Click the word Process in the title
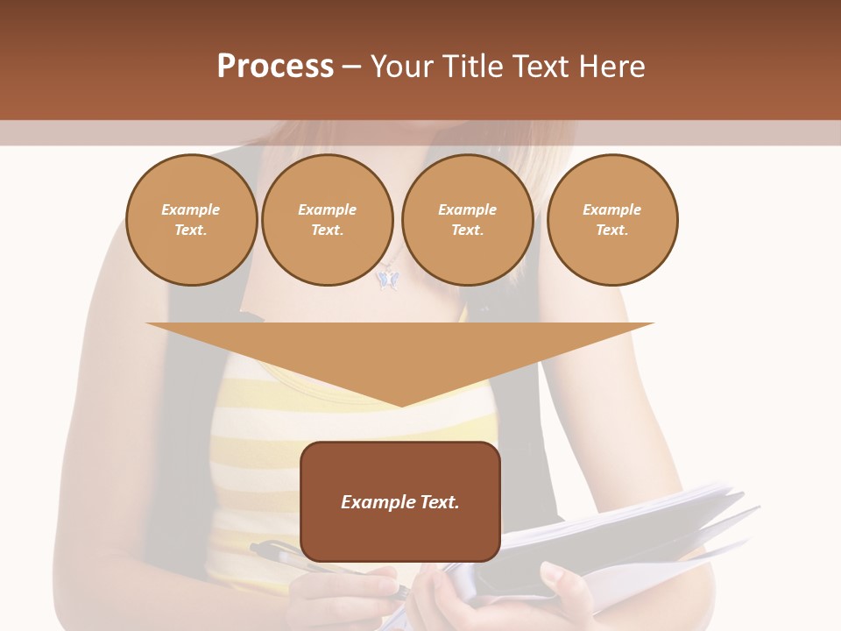[275, 67]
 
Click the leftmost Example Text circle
[191, 220]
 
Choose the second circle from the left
[327, 220]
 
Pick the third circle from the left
[467, 220]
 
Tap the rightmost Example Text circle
[611, 220]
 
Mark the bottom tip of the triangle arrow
[400, 404]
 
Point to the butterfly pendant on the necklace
[386, 279]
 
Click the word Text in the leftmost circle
[190, 230]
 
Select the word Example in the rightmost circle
[611, 209]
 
